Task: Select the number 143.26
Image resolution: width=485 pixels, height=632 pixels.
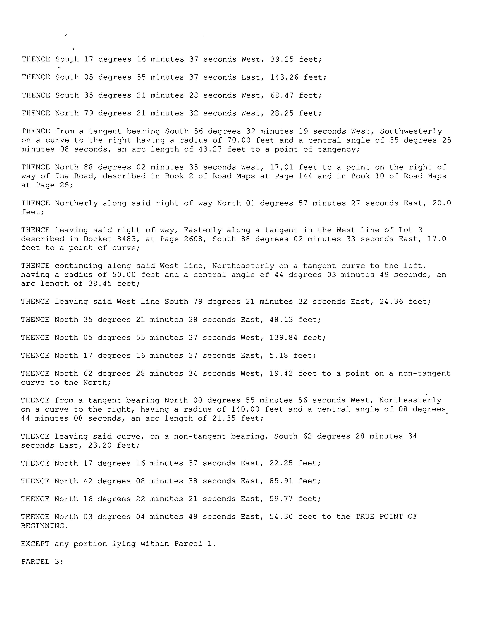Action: [284, 77]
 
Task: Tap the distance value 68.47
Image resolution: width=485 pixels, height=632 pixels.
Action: [282, 95]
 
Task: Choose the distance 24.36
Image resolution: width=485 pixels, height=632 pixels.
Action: [391, 302]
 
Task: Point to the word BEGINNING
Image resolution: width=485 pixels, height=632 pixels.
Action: [44, 526]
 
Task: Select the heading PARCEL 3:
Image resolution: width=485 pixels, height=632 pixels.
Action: [42, 562]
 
